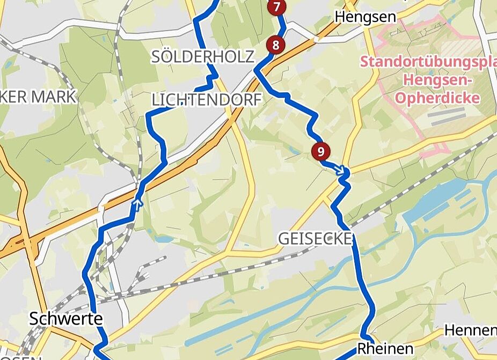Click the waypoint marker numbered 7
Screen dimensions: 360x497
click(276, 7)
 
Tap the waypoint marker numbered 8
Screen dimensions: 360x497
click(275, 45)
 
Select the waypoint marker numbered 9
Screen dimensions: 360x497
click(320, 151)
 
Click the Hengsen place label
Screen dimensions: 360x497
click(366, 17)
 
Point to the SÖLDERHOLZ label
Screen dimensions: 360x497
click(202, 56)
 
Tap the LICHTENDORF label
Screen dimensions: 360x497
click(207, 99)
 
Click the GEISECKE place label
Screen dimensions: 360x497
click(315, 238)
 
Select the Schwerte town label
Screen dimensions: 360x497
click(65, 319)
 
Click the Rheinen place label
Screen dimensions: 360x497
click(385, 348)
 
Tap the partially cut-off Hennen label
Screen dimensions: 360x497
click(470, 329)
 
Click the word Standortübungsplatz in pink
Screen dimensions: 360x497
click(428, 61)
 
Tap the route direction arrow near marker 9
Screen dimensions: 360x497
click(339, 170)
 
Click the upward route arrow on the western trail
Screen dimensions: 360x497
click(138, 203)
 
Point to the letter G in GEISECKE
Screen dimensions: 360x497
click(284, 238)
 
